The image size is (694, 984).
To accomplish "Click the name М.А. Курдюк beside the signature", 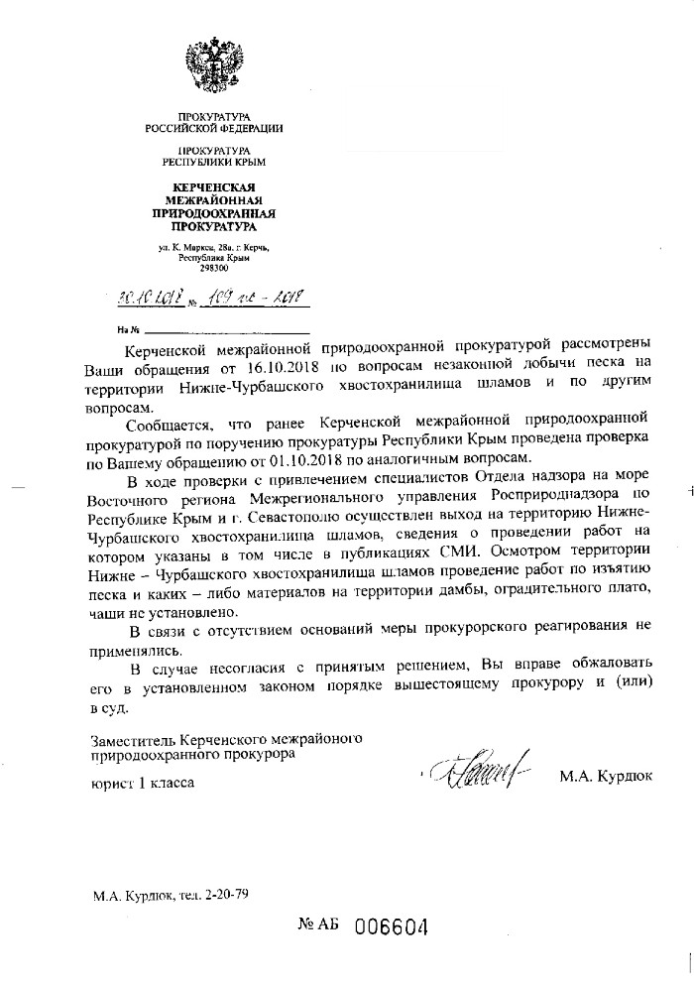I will click(x=605, y=774).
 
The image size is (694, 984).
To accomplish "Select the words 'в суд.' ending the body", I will click(x=110, y=710).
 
